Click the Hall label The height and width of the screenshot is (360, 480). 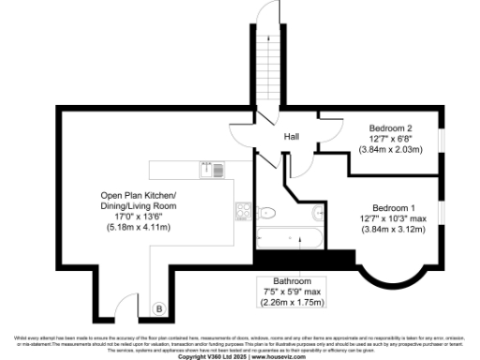[292, 137]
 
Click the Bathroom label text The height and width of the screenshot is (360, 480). [292, 281]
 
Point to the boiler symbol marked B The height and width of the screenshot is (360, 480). [158, 308]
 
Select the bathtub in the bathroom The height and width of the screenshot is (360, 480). [290, 238]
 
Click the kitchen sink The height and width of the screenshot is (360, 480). [212, 169]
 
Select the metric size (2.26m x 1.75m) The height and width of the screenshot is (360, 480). [292, 302]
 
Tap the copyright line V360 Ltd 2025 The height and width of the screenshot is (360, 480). [240, 355]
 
